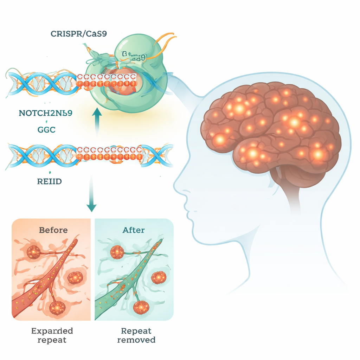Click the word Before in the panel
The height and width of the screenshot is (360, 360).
pos(53,230)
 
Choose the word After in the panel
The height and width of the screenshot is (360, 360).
pos(134,230)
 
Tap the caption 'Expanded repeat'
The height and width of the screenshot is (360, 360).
pos(52,335)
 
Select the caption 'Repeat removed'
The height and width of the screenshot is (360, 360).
pos(136,335)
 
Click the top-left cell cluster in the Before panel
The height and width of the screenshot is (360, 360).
pos(34,252)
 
